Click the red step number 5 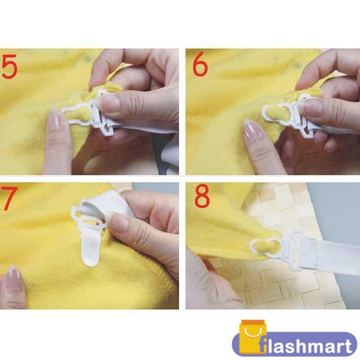(x=9, y=66)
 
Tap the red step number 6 (x=200, y=64)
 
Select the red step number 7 (x=9, y=198)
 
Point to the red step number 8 (x=202, y=196)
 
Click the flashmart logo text (x=305, y=345)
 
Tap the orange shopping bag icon (x=252, y=337)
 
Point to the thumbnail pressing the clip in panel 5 (x=110, y=103)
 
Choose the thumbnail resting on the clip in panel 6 (x=315, y=108)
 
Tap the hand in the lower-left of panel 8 (x=207, y=282)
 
